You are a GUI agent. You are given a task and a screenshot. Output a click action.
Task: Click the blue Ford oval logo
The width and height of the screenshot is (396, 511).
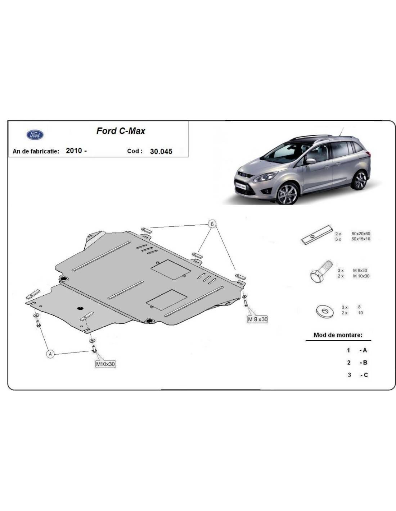click(35, 135)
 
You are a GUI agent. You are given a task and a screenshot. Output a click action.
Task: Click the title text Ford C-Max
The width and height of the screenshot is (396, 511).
click(121, 131)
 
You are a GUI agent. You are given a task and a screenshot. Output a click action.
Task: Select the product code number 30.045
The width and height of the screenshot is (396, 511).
click(161, 151)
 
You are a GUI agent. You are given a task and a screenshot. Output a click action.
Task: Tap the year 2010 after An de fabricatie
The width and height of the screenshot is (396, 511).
click(74, 151)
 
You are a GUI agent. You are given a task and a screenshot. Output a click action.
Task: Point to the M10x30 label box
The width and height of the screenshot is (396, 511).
click(105, 364)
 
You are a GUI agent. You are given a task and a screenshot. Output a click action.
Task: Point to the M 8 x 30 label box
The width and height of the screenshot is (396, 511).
click(257, 319)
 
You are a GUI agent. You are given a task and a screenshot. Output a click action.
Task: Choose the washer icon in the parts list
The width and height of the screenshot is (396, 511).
click(325, 312)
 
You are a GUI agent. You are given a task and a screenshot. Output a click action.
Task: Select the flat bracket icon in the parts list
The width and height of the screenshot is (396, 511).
click(317, 235)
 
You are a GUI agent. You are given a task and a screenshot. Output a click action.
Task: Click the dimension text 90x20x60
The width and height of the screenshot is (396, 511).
click(361, 234)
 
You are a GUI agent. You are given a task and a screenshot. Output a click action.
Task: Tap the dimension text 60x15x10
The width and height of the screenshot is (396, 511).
click(361, 239)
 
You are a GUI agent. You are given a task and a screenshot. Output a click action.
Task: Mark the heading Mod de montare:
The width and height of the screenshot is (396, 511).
click(338, 335)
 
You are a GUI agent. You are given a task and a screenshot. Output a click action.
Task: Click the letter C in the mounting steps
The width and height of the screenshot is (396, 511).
click(365, 375)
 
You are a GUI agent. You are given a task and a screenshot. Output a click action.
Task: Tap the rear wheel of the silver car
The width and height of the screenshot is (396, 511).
click(360, 180)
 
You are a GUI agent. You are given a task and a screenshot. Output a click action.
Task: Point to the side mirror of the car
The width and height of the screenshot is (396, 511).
click(311, 161)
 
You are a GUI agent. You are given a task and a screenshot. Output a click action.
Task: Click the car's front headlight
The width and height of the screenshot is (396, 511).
click(265, 177)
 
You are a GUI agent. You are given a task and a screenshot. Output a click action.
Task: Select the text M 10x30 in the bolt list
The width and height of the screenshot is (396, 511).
click(361, 276)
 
